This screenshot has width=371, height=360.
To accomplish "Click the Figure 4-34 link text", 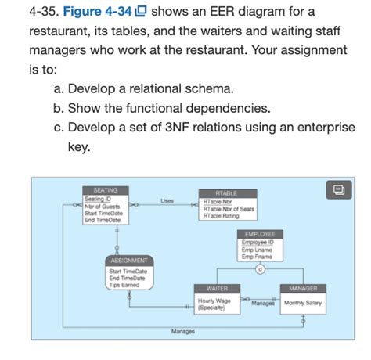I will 95,13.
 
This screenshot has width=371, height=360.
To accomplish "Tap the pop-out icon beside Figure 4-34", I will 141,13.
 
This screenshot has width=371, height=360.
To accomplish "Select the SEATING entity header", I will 105,190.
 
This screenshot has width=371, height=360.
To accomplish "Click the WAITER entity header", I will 216,289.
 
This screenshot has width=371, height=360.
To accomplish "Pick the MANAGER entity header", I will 302,289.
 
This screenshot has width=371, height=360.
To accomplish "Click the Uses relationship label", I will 167,201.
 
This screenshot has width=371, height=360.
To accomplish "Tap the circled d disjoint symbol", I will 259,268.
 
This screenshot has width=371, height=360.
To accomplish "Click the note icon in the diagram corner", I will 337,190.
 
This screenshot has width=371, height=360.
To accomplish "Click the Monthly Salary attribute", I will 304,303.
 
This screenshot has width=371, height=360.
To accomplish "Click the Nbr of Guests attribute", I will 102,207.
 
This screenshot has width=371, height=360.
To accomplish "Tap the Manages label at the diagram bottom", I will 182,332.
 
